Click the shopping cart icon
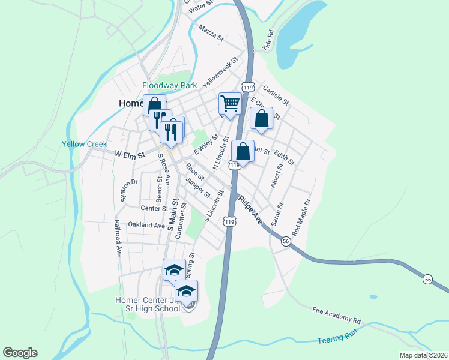pos(231,104)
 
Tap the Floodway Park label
pos(170,86)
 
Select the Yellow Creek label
pos(84,144)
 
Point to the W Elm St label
pos(130,155)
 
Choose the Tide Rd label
pos(268,40)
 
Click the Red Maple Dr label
pos(302,217)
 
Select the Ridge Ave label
pos(249,209)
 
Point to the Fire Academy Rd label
pos(336,316)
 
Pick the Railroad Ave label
pos(118,238)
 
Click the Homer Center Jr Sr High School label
pos(148,304)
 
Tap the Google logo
pos(20,353)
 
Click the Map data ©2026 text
pos(423,355)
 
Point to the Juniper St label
pos(198,188)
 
